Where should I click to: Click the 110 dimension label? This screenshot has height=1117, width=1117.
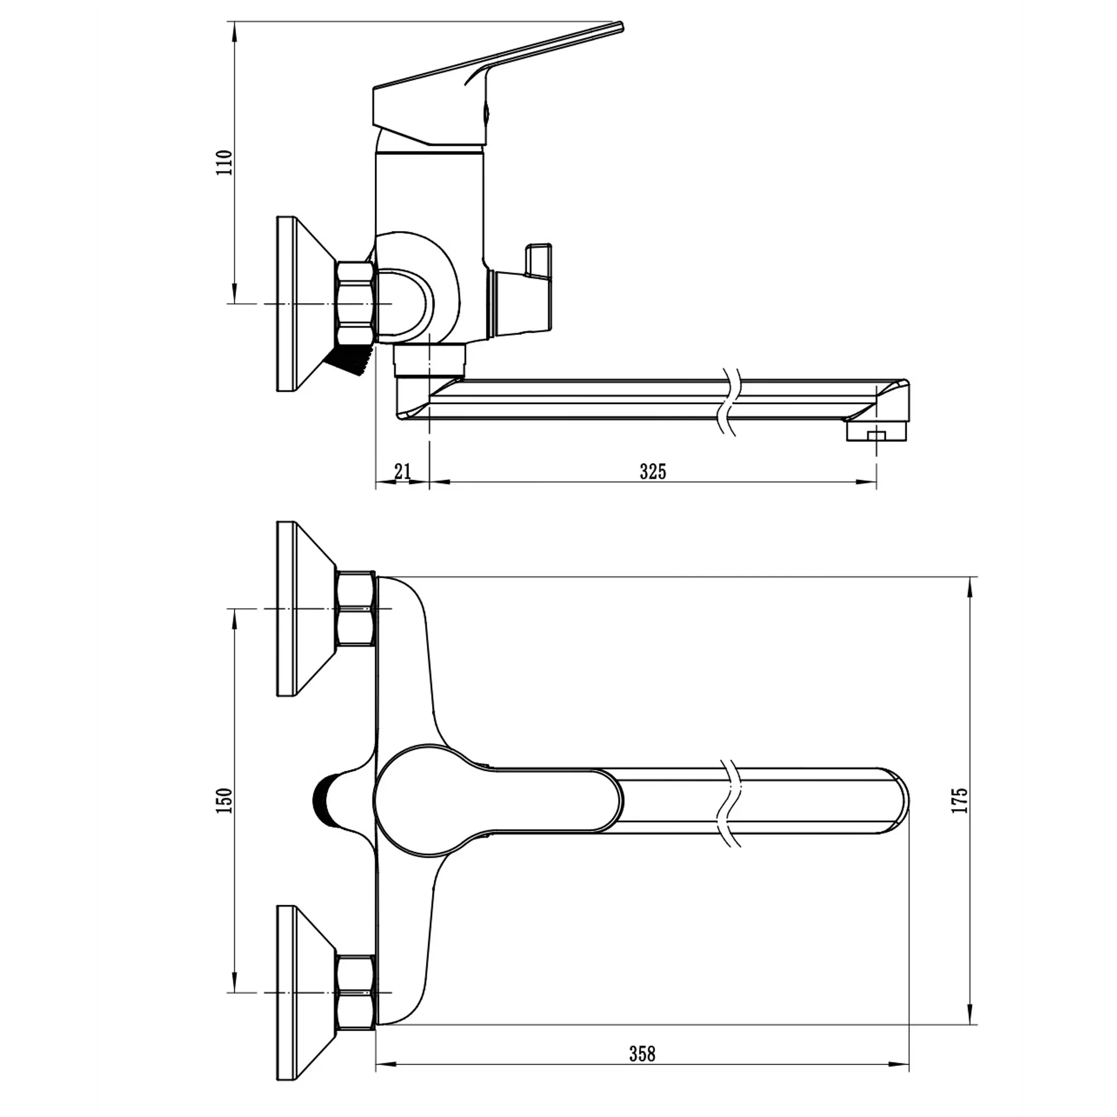point(224,163)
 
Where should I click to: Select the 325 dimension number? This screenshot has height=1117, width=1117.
point(653,472)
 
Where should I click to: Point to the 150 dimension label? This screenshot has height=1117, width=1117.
point(224,801)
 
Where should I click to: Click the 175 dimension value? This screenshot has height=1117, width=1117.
point(959,800)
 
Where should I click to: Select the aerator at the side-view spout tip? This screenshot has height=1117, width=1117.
point(877,431)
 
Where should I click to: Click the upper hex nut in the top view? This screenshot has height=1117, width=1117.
point(356,609)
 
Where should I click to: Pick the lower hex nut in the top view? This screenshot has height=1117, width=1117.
point(356,992)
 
